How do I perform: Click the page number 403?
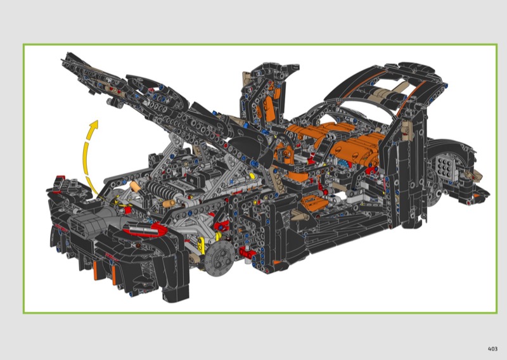pos(492,349)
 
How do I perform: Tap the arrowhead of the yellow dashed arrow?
pos(94,125)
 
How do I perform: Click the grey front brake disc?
pos(219,259)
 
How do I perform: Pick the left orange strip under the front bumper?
pos(96,271)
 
